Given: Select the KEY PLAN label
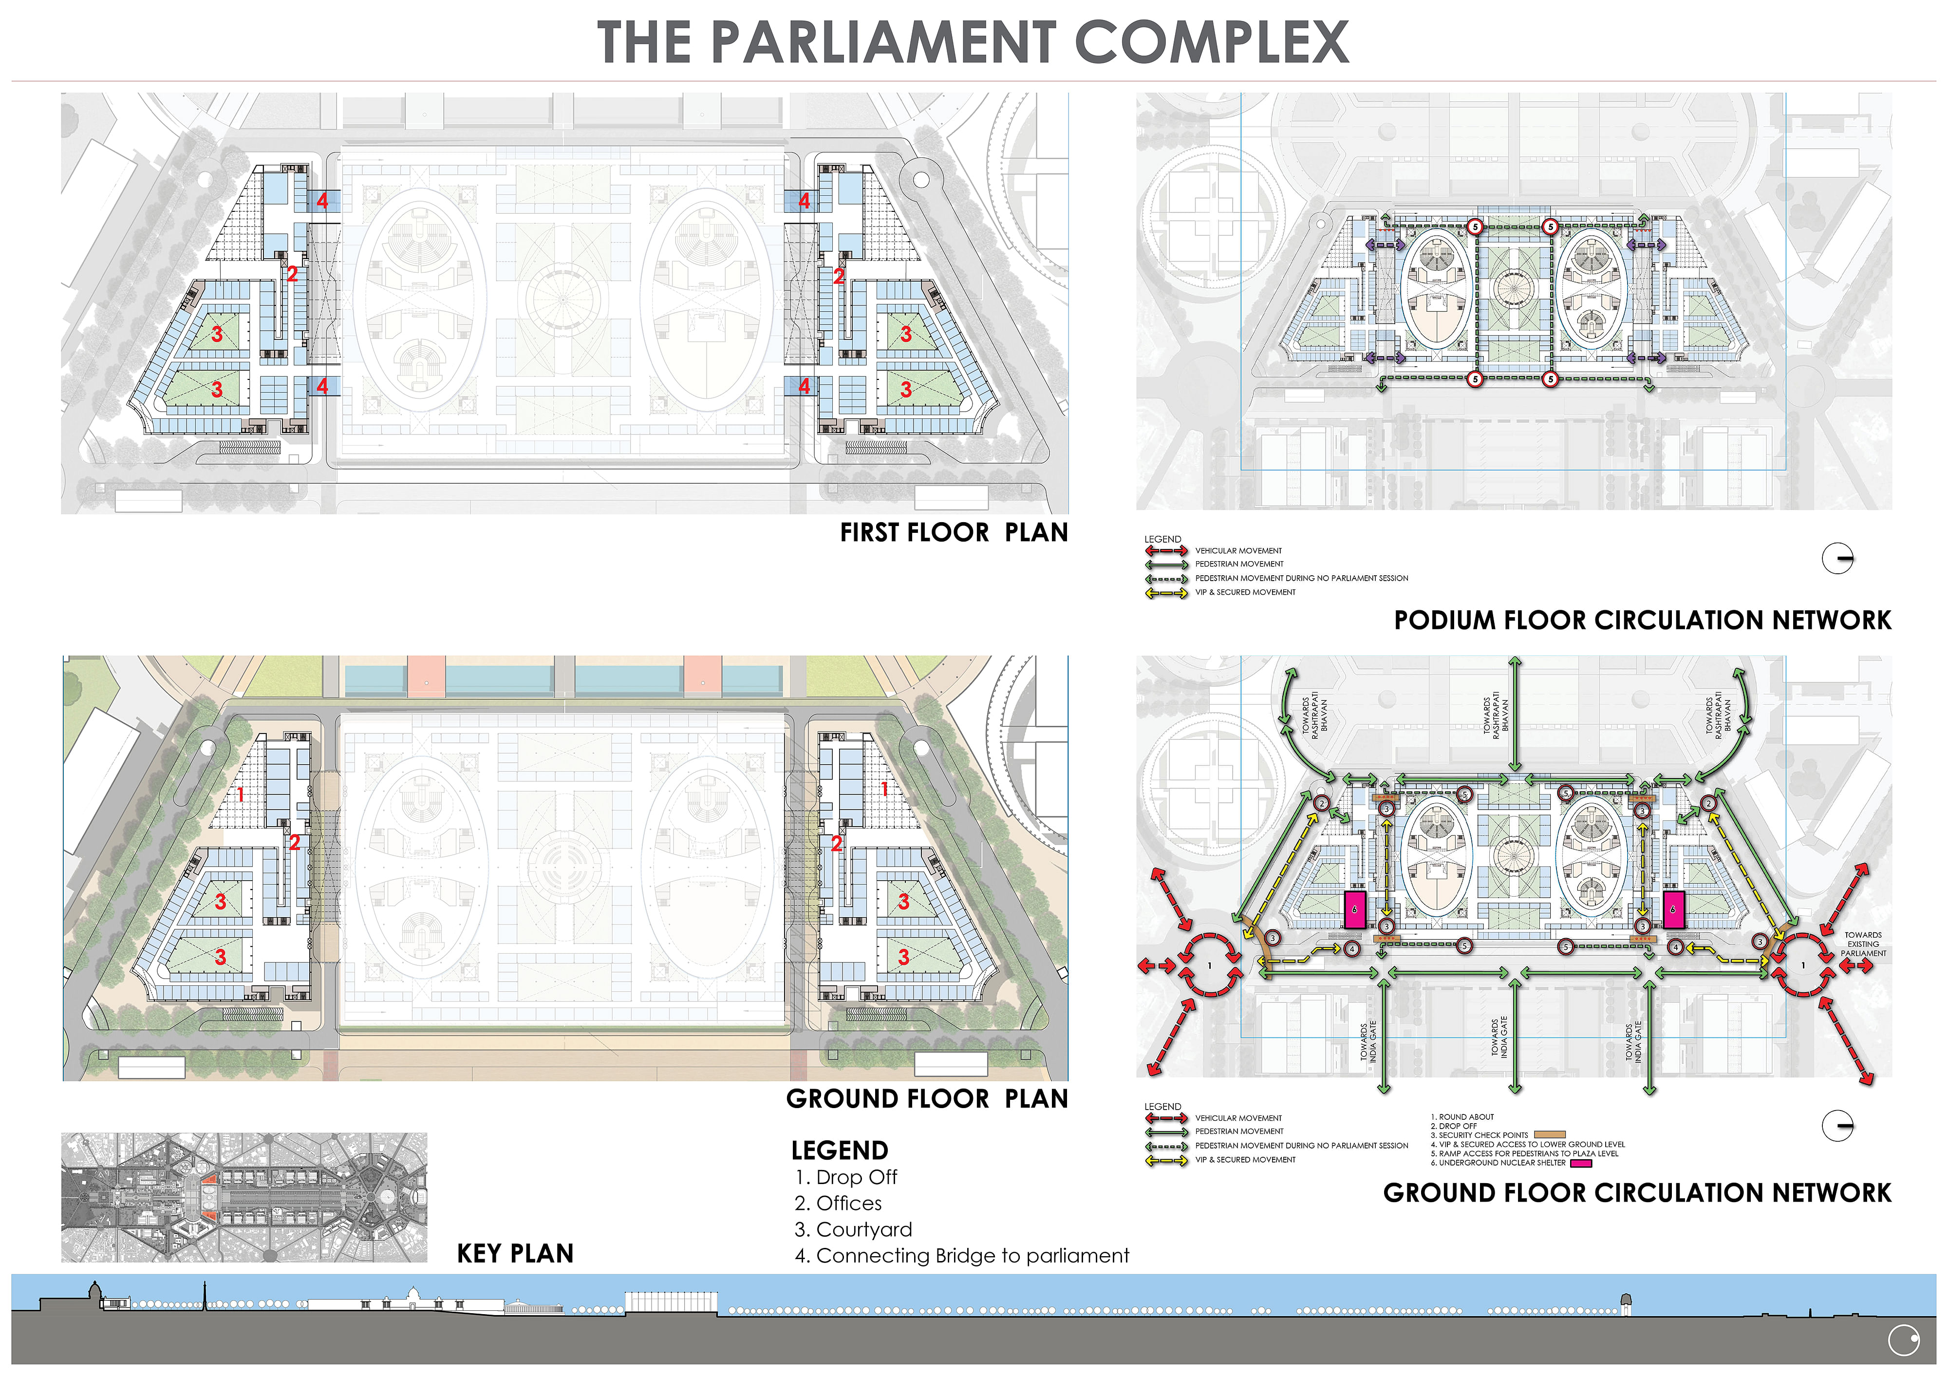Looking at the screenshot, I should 515,1254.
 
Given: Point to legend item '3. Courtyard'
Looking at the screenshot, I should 854,1229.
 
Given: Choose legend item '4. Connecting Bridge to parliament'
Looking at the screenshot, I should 962,1256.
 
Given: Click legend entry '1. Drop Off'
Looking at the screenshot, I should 846,1177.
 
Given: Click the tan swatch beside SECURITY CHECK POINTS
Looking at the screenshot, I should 1549,1135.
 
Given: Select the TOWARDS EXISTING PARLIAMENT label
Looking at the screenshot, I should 1863,944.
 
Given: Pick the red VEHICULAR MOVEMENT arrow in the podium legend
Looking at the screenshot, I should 1166,550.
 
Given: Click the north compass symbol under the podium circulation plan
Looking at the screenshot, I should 1838,558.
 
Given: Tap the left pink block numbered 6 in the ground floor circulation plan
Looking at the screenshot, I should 1355,909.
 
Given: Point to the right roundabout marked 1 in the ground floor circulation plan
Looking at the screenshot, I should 1803,965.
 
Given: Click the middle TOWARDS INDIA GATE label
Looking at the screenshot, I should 1499,1037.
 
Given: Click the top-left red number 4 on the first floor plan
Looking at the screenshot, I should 322,201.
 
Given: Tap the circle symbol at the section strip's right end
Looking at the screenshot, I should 1904,1340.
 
